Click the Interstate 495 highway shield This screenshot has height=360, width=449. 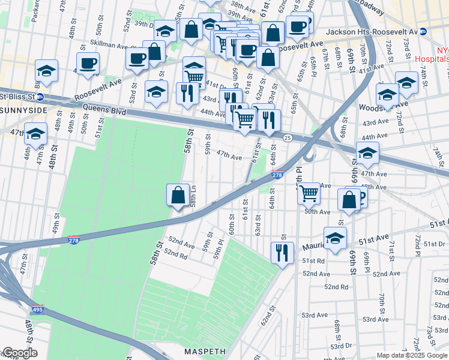point(37,312)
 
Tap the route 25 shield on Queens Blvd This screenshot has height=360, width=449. point(288,138)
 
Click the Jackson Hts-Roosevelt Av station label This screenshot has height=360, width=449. point(370,31)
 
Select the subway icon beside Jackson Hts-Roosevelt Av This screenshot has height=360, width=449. point(424,31)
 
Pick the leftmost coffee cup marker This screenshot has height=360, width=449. point(88,64)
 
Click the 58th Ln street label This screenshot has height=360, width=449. point(193,196)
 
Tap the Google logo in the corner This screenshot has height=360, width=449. point(19,353)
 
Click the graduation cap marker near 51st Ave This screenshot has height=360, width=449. point(335,238)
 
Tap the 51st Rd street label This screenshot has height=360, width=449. point(313,261)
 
